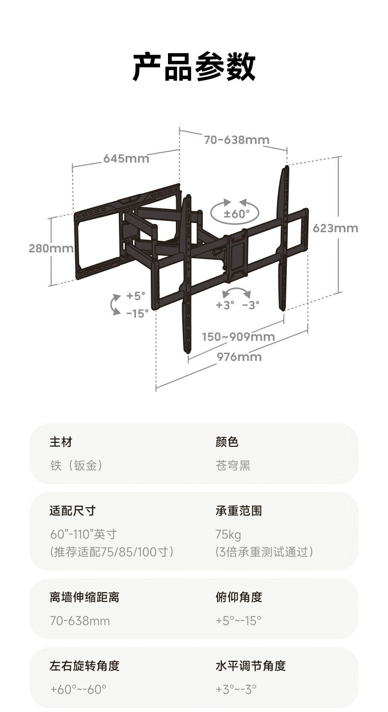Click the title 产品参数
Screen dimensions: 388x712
coord(194,67)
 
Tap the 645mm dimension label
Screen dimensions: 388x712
coord(126,159)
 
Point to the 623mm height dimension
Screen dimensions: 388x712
coord(335,228)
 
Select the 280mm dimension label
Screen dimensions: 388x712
coord(51,248)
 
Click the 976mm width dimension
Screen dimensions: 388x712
coord(239,357)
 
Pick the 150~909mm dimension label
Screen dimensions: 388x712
coord(238,337)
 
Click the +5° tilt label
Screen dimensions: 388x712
coord(136,296)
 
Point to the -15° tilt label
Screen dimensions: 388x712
coord(137,313)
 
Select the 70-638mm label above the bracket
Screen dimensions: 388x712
coord(237,140)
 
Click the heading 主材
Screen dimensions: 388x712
coord(61,442)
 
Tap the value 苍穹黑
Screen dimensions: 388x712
coord(233,466)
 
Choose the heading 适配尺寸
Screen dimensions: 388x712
coord(72,511)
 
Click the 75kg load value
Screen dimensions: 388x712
coord(228,534)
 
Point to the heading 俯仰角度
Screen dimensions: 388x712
coord(239,597)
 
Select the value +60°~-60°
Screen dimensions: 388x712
coord(78,689)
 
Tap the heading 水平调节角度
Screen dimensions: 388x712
coord(250,666)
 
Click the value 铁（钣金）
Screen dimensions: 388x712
coord(76,466)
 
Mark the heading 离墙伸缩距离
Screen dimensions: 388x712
coord(84,597)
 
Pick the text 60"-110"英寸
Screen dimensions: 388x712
coord(83,534)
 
